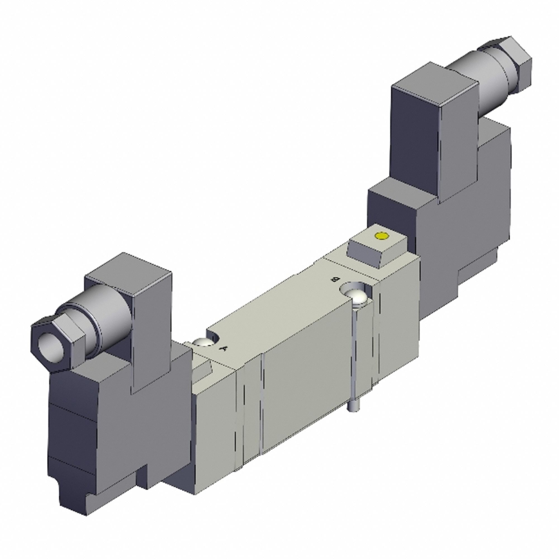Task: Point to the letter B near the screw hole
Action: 335,279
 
